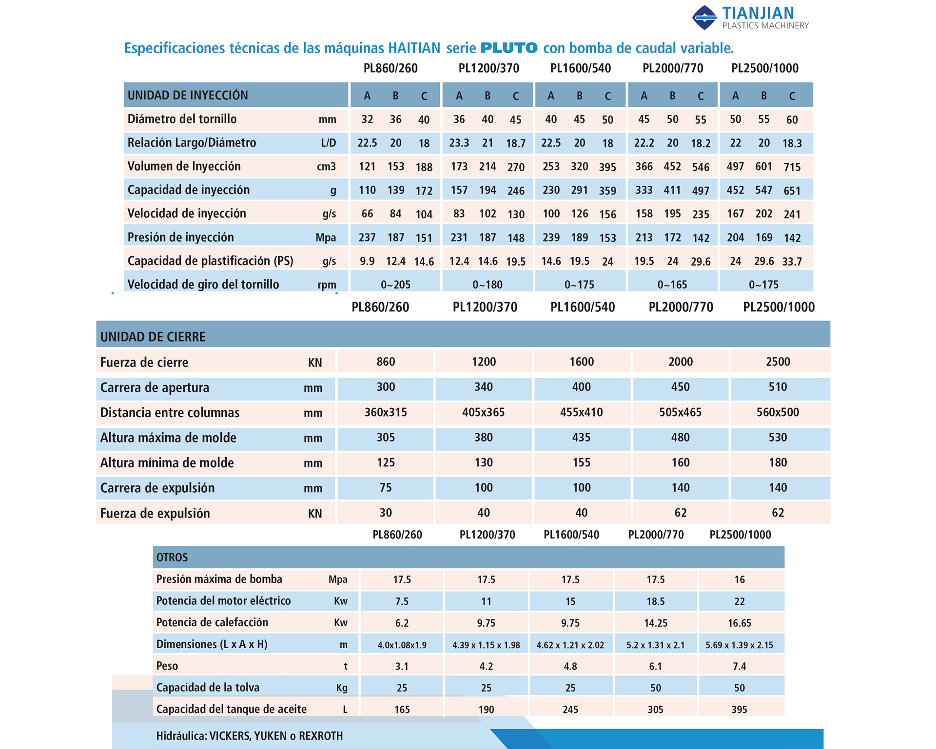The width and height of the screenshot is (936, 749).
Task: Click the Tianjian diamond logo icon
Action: point(704,18)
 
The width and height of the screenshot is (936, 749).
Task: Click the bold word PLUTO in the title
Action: point(509,48)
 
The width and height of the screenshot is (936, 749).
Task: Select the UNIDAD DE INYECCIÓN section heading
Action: point(188,95)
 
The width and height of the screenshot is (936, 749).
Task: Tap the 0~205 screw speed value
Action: point(395,285)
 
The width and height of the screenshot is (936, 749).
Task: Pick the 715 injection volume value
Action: point(792,167)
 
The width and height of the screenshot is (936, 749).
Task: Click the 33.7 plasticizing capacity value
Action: point(792,262)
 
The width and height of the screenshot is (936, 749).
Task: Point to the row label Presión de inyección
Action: point(181,237)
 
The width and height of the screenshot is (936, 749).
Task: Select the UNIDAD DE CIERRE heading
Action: point(153,337)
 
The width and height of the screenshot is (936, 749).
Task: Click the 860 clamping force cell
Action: point(386,362)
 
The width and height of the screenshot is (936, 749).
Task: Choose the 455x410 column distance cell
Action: point(582,412)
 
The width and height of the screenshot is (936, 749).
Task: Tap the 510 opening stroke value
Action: point(778,387)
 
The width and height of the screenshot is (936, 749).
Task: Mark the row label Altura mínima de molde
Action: point(167,462)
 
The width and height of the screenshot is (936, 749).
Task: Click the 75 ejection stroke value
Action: point(386,487)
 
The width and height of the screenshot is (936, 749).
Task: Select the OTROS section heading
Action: point(172,557)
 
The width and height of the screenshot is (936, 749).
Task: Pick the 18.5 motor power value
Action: point(656,601)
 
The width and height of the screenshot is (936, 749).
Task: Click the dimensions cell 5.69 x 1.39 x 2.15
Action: point(740,645)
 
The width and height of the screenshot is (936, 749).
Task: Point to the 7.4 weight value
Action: point(740,666)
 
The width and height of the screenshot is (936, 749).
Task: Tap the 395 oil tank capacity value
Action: point(740,710)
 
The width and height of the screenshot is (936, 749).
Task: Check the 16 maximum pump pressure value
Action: point(740,579)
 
